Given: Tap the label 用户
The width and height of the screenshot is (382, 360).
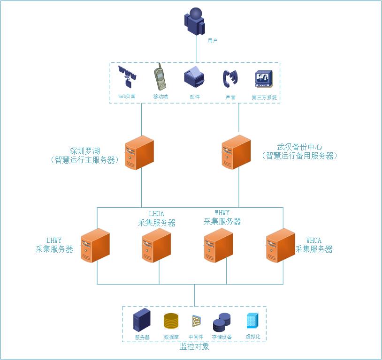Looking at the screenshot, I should [x=213, y=41].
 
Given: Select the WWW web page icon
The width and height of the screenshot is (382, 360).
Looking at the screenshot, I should [x=127, y=76].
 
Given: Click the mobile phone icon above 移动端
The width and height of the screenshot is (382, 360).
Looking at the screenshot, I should [x=160, y=77].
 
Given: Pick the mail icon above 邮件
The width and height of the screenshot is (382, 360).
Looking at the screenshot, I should [x=194, y=76].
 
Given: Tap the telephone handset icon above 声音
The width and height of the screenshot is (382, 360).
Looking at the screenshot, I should [x=230, y=78].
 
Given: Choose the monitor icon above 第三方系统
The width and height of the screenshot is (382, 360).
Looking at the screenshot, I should [x=264, y=79].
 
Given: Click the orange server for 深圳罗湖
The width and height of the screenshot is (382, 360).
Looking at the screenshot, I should [x=139, y=152].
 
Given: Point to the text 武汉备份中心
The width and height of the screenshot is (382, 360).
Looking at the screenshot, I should [x=300, y=147].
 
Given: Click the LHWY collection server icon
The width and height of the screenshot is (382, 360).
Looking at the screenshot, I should [x=95, y=245].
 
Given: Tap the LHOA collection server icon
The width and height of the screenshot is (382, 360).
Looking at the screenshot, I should [x=156, y=246].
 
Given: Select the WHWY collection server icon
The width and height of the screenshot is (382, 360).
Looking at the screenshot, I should [x=218, y=246].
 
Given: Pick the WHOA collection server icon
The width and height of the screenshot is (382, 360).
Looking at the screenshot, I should [x=281, y=245].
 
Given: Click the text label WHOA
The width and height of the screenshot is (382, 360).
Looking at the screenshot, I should [x=314, y=240].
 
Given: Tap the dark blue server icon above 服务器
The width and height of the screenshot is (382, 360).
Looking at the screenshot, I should [x=142, y=320].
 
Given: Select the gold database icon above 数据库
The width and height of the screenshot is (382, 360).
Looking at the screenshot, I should [x=171, y=321].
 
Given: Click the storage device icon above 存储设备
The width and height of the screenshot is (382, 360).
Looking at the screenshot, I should [x=222, y=322].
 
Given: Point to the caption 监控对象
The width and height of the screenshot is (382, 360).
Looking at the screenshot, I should [x=194, y=347].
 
